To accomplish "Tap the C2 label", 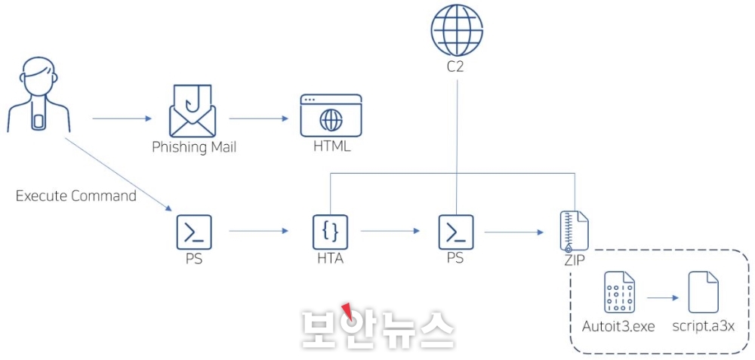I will pos(456,66).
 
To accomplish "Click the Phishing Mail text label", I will pos(194,146).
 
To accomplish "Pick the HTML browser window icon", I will pos(331,115).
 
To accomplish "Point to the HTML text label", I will pos(331,146).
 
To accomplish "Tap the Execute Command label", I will pos(76,196).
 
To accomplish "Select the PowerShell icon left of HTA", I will pos(194,232).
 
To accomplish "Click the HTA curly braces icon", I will pos(330,232).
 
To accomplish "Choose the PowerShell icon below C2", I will pos(456,232).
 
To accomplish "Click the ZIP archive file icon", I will pos(575,231).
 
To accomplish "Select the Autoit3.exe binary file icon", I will pos(618,292).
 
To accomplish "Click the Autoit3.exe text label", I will pos(618,326).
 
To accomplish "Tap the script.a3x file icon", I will pos(703,292).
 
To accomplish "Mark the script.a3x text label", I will pos(703,326).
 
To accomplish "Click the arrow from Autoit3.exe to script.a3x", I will pos(661,297).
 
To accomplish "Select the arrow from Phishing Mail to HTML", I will pos(259,118).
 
